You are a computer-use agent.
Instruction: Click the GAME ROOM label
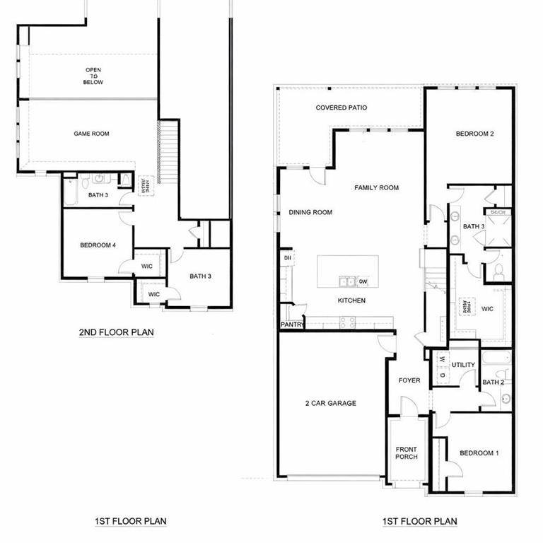point(91,133)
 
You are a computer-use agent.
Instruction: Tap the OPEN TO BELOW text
point(94,76)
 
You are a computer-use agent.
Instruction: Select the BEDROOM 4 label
point(98,245)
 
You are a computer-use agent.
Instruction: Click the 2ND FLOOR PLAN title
point(116,331)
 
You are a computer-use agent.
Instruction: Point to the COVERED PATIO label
point(341,108)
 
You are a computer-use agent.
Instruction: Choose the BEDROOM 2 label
point(474,134)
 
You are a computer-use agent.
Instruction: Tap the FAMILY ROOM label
point(376,188)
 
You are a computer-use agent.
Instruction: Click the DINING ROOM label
point(310,212)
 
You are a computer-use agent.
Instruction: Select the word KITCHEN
point(351,300)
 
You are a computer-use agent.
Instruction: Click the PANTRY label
point(292,325)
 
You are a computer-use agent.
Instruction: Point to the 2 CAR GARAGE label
point(330,404)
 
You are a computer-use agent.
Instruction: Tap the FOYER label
point(409,380)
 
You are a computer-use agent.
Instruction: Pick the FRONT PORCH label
point(407,452)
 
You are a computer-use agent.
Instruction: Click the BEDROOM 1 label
point(479,453)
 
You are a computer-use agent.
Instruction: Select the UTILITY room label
point(464,365)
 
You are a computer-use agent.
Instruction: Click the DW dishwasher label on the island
point(363,281)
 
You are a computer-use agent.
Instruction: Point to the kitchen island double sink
point(346,281)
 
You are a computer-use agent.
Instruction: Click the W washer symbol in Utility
point(442,360)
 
